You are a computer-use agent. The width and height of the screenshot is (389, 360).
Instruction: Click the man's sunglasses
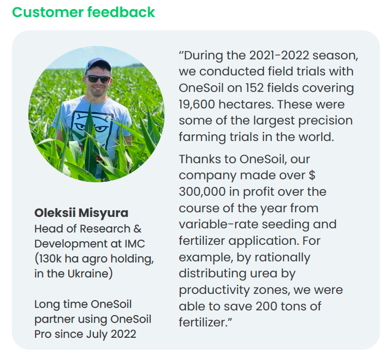[98, 79]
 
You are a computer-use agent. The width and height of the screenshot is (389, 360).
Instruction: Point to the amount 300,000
[202, 192]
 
